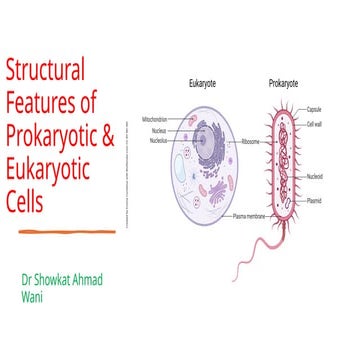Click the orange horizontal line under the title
59,230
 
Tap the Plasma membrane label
249,216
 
